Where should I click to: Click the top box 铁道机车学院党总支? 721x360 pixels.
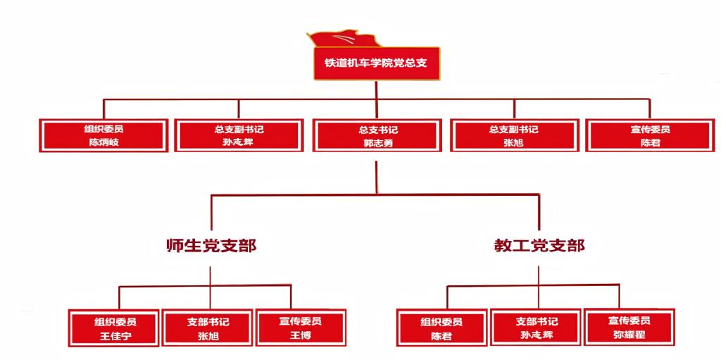pyautogui.click(x=376, y=62)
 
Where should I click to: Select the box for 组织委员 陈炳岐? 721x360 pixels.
pyautogui.click(x=104, y=135)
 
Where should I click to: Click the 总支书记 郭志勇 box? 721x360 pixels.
pyautogui.click(x=377, y=135)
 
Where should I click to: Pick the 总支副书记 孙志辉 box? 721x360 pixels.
pyautogui.click(x=239, y=135)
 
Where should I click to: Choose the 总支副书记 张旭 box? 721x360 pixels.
pyautogui.click(x=513, y=135)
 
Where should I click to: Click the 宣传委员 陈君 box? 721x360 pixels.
pyautogui.click(x=650, y=135)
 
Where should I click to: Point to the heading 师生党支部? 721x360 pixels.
pyautogui.click(x=211, y=246)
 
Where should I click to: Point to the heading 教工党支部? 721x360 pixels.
pyautogui.click(x=539, y=246)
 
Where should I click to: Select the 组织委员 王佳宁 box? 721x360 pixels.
pyautogui.click(x=115, y=328)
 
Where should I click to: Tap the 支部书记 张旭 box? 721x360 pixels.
pyautogui.click(x=208, y=328)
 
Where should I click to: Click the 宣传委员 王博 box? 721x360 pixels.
pyautogui.click(x=301, y=328)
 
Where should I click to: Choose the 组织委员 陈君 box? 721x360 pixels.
pyautogui.click(x=441, y=328)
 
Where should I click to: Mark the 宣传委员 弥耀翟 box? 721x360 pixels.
pyautogui.click(x=629, y=328)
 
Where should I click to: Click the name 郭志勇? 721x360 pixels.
pyautogui.click(x=377, y=142)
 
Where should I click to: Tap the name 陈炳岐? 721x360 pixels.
pyautogui.click(x=104, y=142)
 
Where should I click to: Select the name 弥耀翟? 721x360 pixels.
pyautogui.click(x=629, y=335)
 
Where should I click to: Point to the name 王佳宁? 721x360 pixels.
pyautogui.click(x=115, y=335)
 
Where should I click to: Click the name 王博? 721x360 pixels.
pyautogui.click(x=301, y=335)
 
